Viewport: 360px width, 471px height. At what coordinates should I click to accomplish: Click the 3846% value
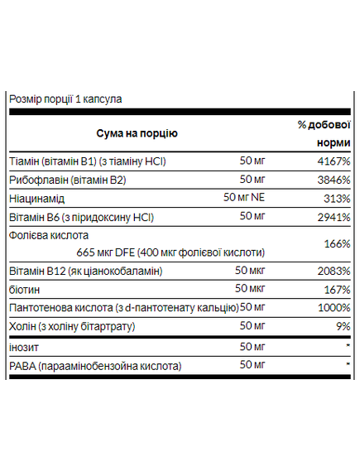click(334, 180)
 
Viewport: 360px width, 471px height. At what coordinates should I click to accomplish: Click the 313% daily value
click(337, 199)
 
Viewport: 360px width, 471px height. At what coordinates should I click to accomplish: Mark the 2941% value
click(334, 219)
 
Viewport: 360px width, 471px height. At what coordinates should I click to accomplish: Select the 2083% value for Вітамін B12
click(334, 272)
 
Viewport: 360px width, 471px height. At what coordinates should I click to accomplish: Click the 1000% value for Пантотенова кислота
click(334, 308)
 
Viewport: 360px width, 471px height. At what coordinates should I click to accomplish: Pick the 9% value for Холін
click(343, 327)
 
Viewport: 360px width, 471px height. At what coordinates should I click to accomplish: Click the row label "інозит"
click(23, 346)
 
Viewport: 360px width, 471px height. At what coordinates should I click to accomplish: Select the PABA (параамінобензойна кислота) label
click(94, 365)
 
